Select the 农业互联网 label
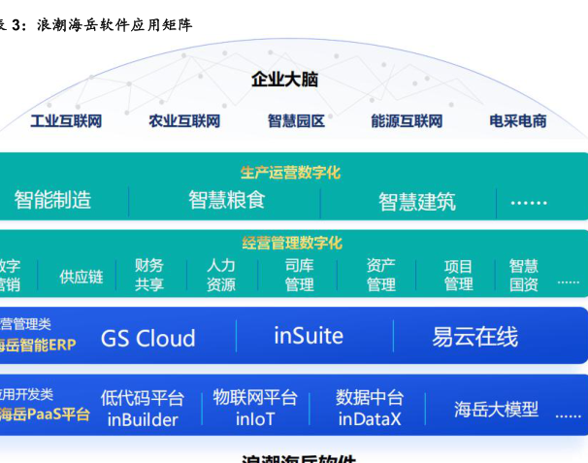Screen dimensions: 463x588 (x=184, y=121)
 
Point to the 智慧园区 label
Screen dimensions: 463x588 (x=296, y=121)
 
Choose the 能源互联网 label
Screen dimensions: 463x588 (x=407, y=121)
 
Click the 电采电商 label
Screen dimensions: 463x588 (x=518, y=121)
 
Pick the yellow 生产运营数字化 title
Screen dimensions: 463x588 (x=290, y=173)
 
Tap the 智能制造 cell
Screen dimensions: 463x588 (x=52, y=201)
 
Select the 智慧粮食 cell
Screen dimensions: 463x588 (x=226, y=201)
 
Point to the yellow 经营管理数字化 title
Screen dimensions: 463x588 (x=292, y=243)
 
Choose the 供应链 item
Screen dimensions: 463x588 (x=82, y=277)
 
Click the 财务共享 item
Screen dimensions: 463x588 (x=149, y=275)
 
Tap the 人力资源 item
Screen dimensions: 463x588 (x=221, y=275)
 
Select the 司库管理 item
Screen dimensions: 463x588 (x=299, y=275)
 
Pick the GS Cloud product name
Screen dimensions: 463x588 (x=148, y=338)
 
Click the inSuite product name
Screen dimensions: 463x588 (x=309, y=336)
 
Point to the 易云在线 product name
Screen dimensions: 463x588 (x=474, y=337)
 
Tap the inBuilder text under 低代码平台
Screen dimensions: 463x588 (x=143, y=420)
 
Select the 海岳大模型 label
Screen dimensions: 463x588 (x=496, y=409)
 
